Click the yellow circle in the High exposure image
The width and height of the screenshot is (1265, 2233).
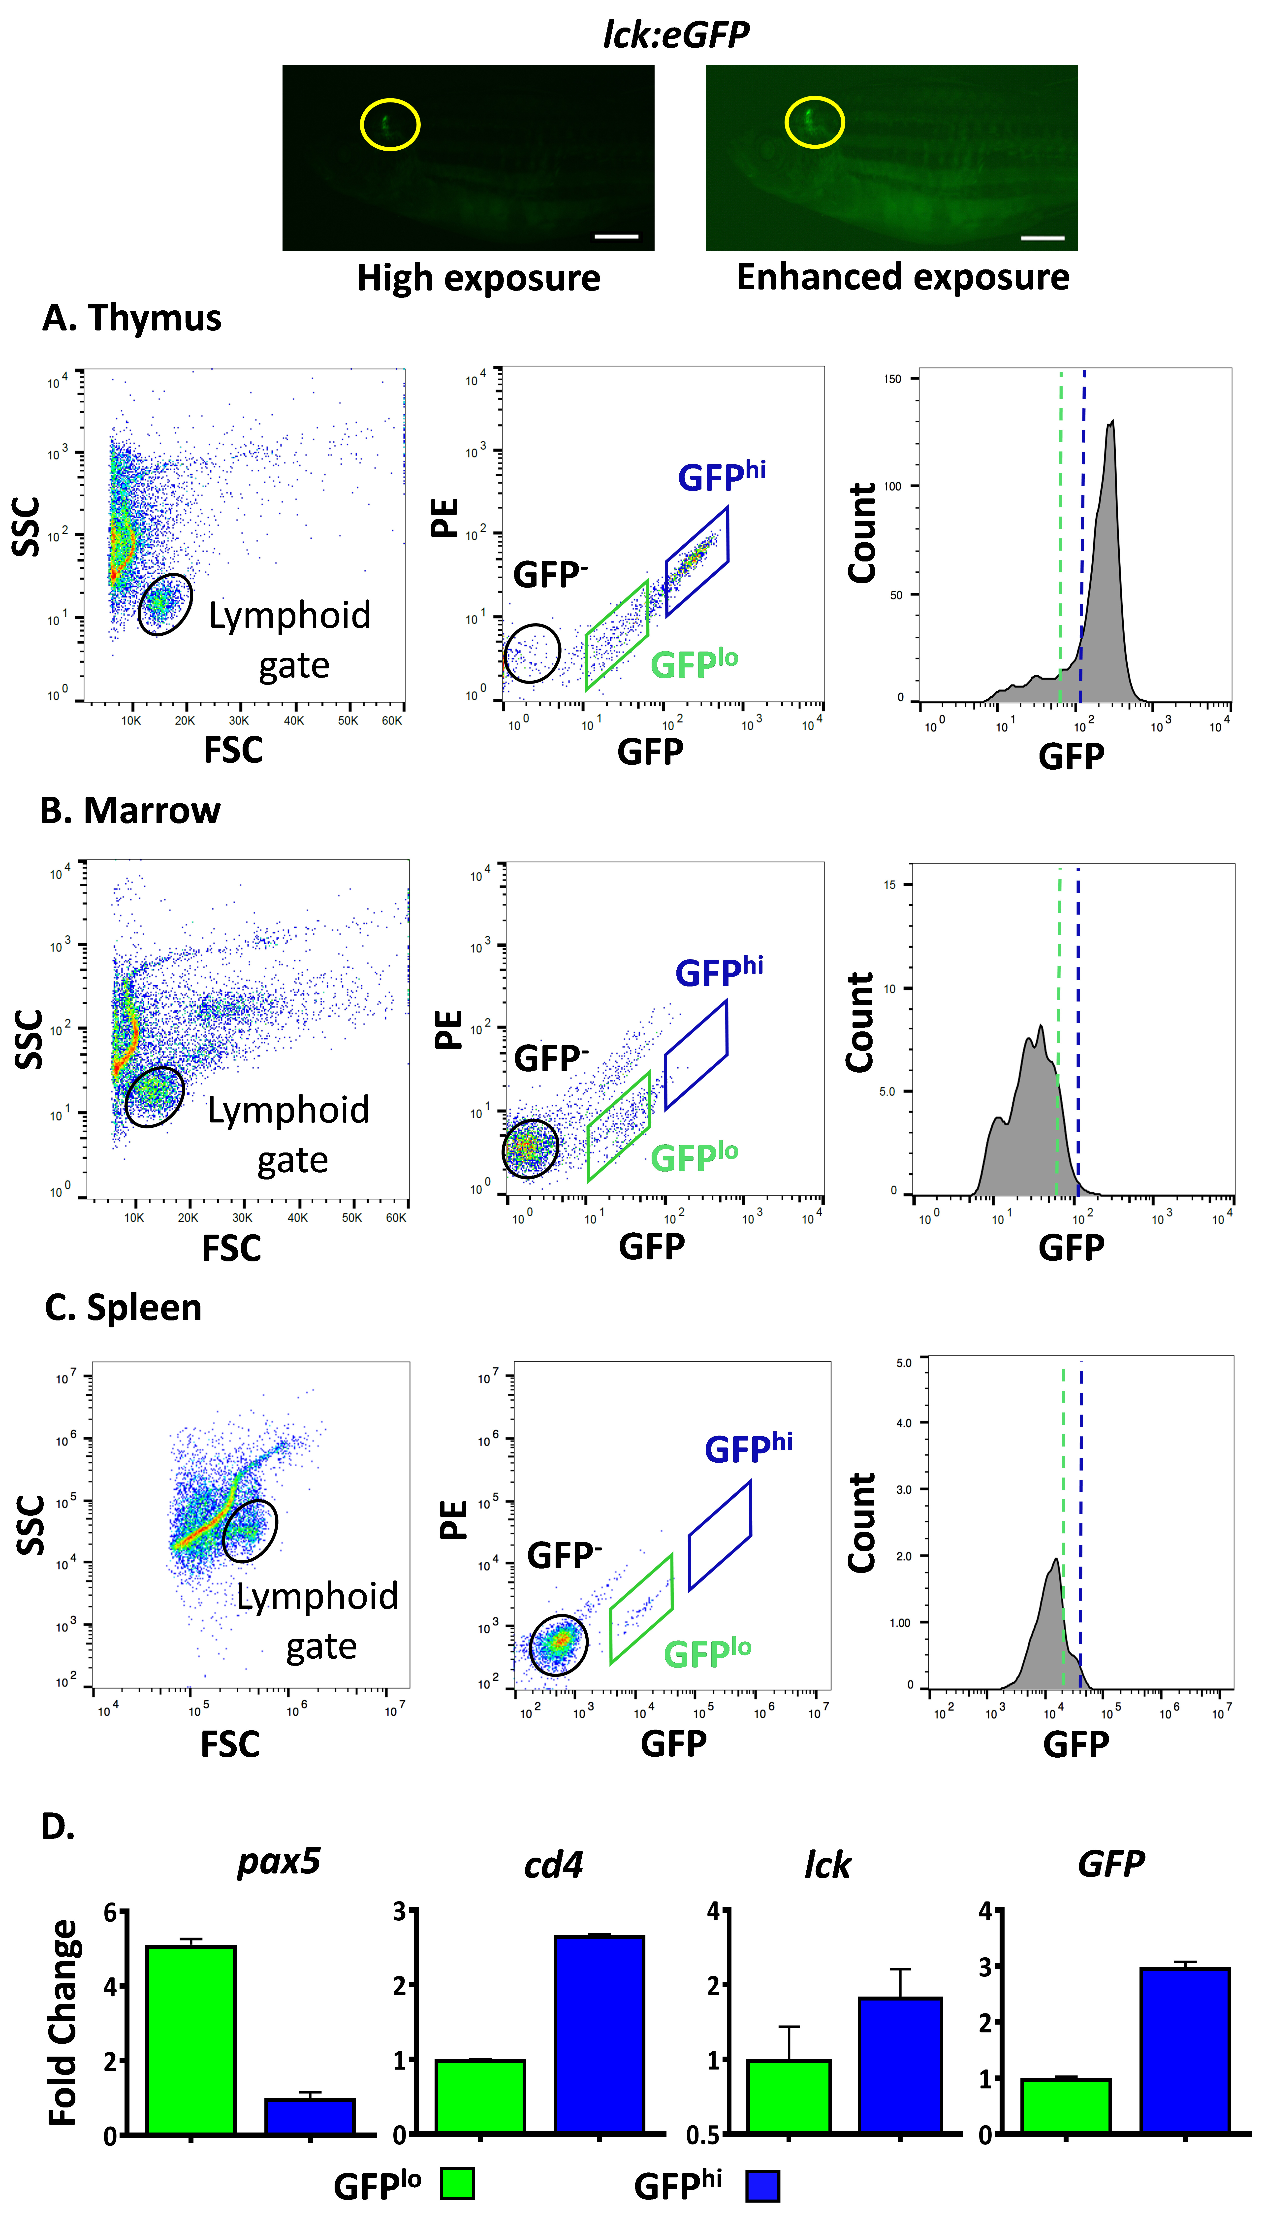390,124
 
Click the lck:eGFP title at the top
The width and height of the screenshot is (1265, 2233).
676,35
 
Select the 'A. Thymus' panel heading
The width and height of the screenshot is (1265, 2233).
132,318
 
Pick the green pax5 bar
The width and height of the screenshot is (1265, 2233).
191,2038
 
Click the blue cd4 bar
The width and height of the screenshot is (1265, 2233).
600,2034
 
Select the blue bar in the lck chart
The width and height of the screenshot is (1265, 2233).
900,2065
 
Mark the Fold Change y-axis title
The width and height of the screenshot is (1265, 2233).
63,2022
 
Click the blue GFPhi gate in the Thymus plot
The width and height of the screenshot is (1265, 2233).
697,561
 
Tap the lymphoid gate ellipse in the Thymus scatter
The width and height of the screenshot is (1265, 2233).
165,605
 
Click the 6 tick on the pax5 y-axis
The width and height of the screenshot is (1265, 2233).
109,1912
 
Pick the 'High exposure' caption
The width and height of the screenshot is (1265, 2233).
479,278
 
